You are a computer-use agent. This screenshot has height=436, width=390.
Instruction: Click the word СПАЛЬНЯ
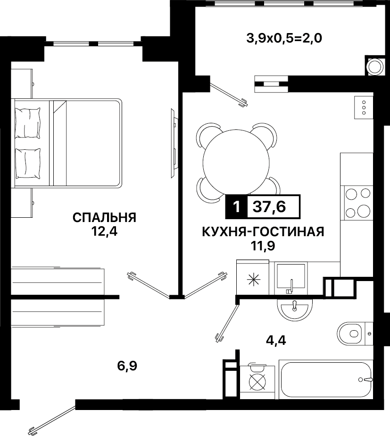(x=104, y=217)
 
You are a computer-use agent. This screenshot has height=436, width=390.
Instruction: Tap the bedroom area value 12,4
(x=105, y=231)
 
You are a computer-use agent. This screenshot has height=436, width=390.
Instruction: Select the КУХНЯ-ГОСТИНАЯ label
(x=263, y=231)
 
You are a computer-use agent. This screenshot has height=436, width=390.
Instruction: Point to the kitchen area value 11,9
(x=263, y=246)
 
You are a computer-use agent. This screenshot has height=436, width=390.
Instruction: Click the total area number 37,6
(x=269, y=206)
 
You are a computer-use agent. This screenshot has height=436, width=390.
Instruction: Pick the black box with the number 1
(x=236, y=206)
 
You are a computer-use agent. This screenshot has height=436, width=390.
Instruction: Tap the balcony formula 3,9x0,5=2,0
(x=284, y=38)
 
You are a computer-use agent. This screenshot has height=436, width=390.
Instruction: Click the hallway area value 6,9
(x=127, y=366)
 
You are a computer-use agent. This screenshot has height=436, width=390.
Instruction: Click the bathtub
(x=325, y=380)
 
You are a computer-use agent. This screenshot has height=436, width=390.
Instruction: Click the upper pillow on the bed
(x=27, y=123)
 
